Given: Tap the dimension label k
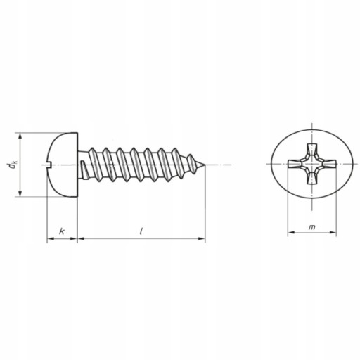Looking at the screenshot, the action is click(x=62, y=231).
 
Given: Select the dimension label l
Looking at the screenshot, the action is click(x=141, y=231).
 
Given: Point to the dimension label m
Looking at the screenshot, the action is click(x=311, y=227).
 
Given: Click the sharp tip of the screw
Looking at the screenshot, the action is click(x=205, y=165).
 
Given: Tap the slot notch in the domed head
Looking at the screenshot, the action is click(x=49, y=165).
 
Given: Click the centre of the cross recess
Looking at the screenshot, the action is click(x=312, y=164).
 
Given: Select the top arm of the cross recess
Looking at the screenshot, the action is click(x=312, y=150).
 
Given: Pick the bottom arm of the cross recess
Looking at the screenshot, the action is click(x=312, y=177).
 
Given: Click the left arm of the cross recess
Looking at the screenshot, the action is click(x=296, y=164).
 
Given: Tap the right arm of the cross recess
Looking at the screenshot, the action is click(x=328, y=164).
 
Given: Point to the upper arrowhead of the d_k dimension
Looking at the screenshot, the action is click(x=20, y=136).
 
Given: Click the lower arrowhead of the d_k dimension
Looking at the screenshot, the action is click(x=20, y=193).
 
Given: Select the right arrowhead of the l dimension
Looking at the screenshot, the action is click(x=202, y=238).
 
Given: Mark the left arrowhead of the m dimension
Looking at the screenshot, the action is click(x=291, y=232).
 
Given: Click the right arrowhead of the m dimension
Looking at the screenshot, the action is click(x=333, y=232).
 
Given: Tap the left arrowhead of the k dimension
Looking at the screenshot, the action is click(x=51, y=238).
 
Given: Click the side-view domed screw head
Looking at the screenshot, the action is click(x=62, y=165).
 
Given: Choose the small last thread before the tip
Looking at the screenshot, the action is click(x=191, y=164).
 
